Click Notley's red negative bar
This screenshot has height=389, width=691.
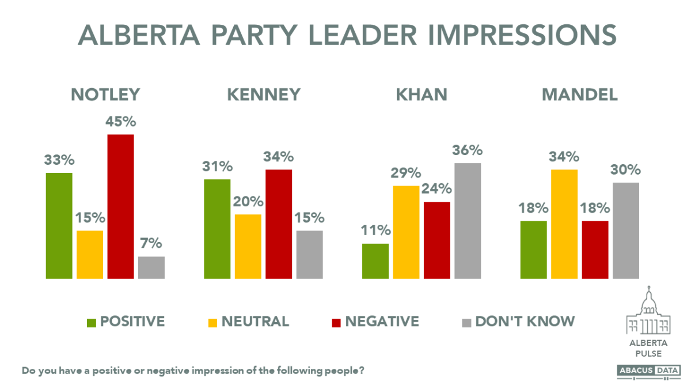tap(120, 207)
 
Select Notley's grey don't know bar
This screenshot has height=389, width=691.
tap(151, 268)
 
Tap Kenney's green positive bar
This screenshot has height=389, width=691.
tap(217, 229)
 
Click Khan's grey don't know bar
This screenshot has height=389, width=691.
tap(468, 221)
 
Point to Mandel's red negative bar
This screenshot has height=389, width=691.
tap(595, 250)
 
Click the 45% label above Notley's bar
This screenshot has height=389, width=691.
tap(120, 123)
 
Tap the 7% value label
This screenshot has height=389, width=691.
tap(151, 244)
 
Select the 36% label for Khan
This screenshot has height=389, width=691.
tap(468, 150)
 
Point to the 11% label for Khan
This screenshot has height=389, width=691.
tap(375, 231)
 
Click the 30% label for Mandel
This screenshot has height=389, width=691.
tap(626, 170)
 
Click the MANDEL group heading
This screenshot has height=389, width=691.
tap(580, 95)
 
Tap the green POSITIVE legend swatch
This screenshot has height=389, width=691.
tap(91, 322)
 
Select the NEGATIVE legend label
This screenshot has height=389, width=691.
tap(382, 321)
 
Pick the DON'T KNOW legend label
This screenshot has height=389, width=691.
tap(525, 321)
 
